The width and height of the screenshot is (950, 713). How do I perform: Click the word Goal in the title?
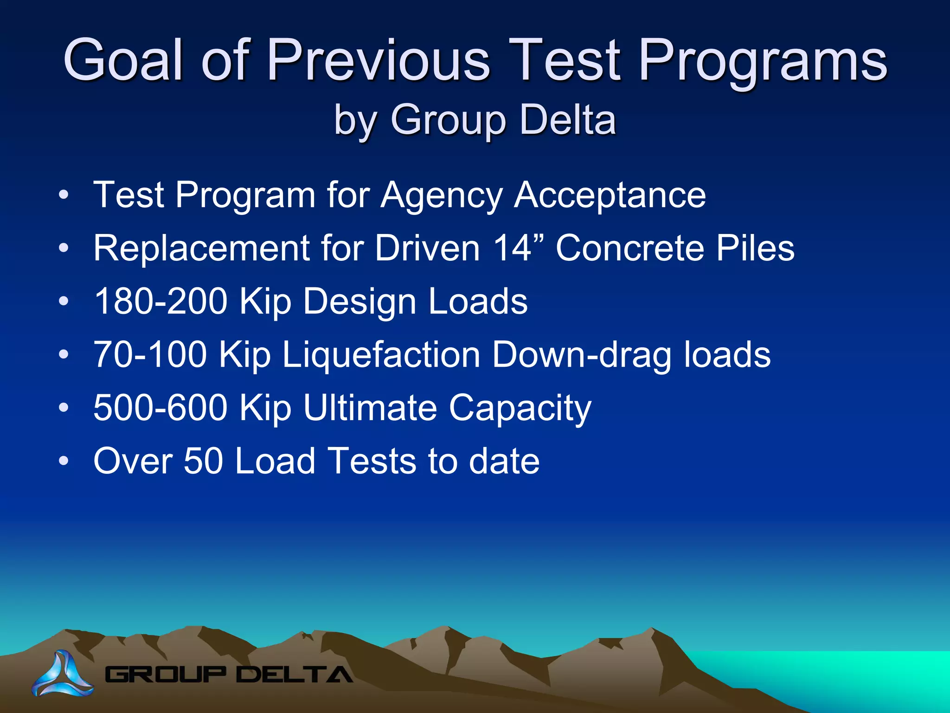(x=124, y=60)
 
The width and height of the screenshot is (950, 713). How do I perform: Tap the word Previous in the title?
(x=379, y=60)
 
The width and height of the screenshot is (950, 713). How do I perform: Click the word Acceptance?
(x=610, y=195)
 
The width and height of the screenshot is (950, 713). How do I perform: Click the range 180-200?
(x=160, y=301)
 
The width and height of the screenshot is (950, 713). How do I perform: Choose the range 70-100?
(x=150, y=354)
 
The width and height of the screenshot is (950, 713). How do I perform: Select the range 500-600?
(x=160, y=408)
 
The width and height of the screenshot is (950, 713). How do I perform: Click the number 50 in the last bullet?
(x=204, y=461)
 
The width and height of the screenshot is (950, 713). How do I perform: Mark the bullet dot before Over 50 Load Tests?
(x=64, y=461)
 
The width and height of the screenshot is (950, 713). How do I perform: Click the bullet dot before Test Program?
(x=64, y=194)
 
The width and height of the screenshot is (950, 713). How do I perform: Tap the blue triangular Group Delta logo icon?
(x=63, y=674)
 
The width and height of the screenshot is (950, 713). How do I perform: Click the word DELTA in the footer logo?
(x=295, y=674)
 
